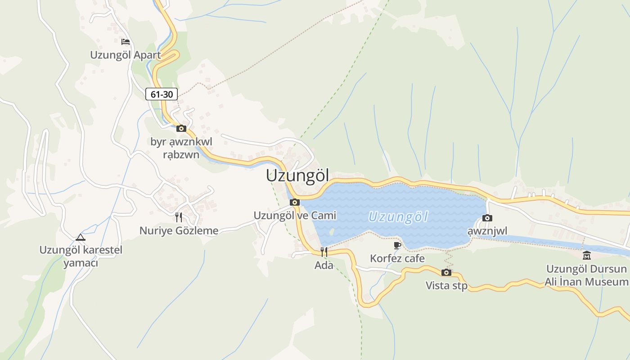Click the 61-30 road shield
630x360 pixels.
click(x=162, y=94)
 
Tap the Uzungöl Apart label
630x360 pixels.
click(x=126, y=55)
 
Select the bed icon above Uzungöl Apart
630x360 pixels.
click(x=126, y=42)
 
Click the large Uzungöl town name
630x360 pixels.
click(x=297, y=175)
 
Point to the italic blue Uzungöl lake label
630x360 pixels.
click(x=398, y=217)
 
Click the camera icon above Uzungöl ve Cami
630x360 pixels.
click(x=295, y=202)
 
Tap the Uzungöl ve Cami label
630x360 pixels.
click(x=295, y=216)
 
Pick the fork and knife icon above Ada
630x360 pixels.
click(x=324, y=252)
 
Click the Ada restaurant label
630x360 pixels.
click(x=324, y=265)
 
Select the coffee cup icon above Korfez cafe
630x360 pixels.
click(x=397, y=245)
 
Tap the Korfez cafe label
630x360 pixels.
click(x=397, y=258)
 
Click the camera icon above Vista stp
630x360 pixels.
click(x=446, y=272)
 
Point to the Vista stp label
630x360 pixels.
click(x=446, y=285)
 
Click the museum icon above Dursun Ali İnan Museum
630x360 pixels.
click(x=587, y=256)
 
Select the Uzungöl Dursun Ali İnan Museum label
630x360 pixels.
click(x=586, y=275)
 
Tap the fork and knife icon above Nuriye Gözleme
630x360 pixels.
click(x=179, y=218)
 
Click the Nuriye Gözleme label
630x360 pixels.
click(x=179, y=231)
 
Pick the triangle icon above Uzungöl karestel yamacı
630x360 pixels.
click(x=81, y=237)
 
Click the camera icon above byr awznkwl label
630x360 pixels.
click(x=181, y=129)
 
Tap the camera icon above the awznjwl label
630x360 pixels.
click(x=487, y=218)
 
